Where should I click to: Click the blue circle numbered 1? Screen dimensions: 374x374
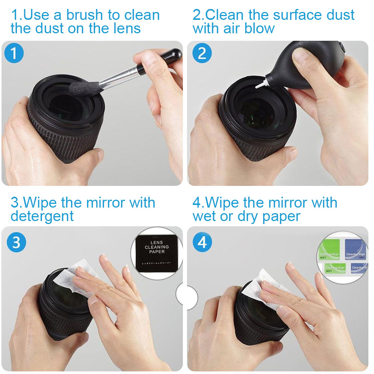click(14, 54)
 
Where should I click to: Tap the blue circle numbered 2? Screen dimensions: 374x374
click(202, 54)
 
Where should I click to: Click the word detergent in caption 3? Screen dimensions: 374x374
click(42, 217)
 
